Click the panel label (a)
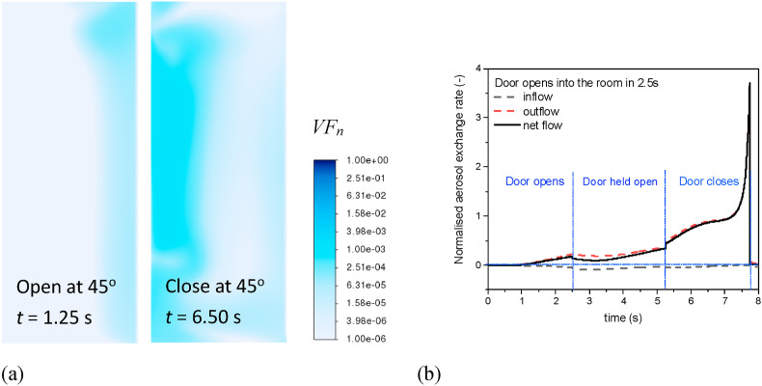tap(12, 371)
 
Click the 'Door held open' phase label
tap(618, 180)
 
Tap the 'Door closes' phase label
tap(707, 180)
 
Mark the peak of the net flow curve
tap(749, 84)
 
